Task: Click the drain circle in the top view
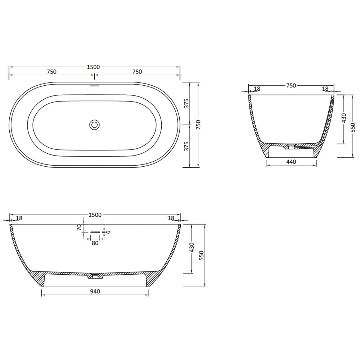[x=94, y=125]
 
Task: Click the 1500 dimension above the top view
[x=93, y=67]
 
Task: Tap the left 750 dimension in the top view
[x=51, y=72]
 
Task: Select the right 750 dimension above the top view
[x=137, y=72]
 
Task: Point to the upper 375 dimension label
[x=186, y=103]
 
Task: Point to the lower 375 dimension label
[x=186, y=146]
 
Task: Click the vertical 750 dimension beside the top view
[x=199, y=125]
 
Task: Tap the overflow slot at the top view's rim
[x=94, y=86]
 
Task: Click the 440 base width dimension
[x=291, y=162]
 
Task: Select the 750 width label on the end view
[x=291, y=85]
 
